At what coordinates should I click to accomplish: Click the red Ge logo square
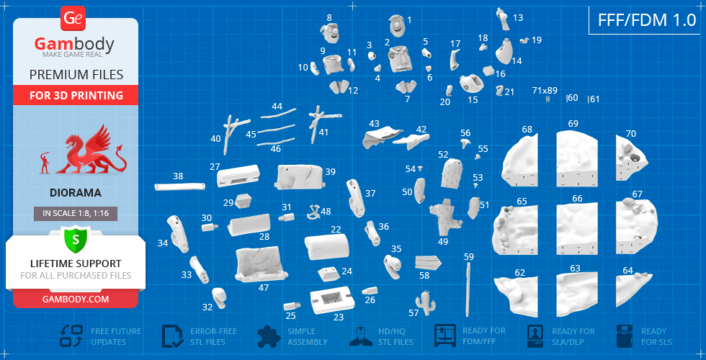(x=73, y=19)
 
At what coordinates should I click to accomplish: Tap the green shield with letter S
(x=75, y=239)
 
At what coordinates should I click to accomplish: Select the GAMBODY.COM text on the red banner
(x=75, y=299)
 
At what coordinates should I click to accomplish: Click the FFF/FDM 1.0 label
(x=647, y=20)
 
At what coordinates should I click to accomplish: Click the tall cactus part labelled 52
(x=452, y=174)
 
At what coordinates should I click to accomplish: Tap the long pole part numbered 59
(x=468, y=287)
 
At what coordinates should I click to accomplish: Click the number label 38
(x=179, y=176)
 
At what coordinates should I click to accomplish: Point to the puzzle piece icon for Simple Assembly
(x=269, y=336)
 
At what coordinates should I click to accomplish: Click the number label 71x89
(x=545, y=90)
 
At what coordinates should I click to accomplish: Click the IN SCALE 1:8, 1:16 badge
(x=76, y=214)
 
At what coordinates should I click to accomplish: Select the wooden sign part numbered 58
(x=428, y=262)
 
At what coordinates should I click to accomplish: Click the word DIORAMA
(x=75, y=193)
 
